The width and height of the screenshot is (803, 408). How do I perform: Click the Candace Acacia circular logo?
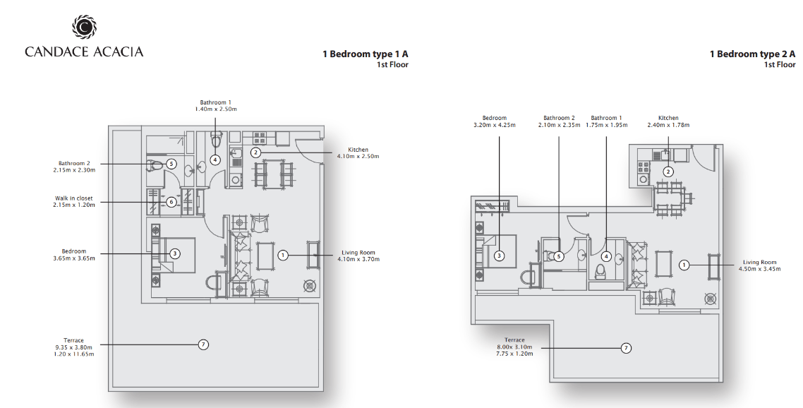pyautogui.click(x=83, y=28)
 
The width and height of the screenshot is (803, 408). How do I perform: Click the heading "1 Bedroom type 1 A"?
pyautogui.click(x=365, y=54)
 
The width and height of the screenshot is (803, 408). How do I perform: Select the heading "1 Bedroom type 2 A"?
pyautogui.click(x=751, y=54)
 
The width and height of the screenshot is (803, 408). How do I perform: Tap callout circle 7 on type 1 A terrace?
pyautogui.click(x=203, y=344)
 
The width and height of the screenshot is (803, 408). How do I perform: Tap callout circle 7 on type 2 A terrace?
pyautogui.click(x=625, y=348)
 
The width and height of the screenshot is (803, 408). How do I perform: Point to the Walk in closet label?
pyautogui.click(x=74, y=202)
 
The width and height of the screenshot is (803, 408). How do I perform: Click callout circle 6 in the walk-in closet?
pyautogui.click(x=171, y=202)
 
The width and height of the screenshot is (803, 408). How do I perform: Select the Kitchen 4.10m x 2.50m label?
pyautogui.click(x=358, y=153)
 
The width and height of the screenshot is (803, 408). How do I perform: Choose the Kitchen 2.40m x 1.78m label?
pyautogui.click(x=668, y=121)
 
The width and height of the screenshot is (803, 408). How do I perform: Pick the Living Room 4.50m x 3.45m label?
pyautogui.click(x=757, y=265)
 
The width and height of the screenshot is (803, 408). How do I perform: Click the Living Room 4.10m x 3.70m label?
pyautogui.click(x=358, y=256)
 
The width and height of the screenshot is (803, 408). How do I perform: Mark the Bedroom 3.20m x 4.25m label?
pyautogui.click(x=495, y=121)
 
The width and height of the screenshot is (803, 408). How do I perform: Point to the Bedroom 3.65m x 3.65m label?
pyautogui.click(x=74, y=255)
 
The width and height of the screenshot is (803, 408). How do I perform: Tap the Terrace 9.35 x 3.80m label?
pyautogui.click(x=74, y=347)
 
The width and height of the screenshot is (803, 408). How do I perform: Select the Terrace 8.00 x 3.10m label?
pyautogui.click(x=514, y=347)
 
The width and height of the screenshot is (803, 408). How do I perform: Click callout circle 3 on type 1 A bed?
pyautogui.click(x=174, y=253)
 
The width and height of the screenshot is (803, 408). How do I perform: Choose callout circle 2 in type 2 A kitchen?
pyautogui.click(x=668, y=171)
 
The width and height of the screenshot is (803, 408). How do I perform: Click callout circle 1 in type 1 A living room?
pyautogui.click(x=283, y=255)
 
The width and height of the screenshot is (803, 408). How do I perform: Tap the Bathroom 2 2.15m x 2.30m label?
pyautogui.click(x=74, y=167)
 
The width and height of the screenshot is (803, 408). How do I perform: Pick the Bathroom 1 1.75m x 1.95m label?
pyautogui.click(x=606, y=121)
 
